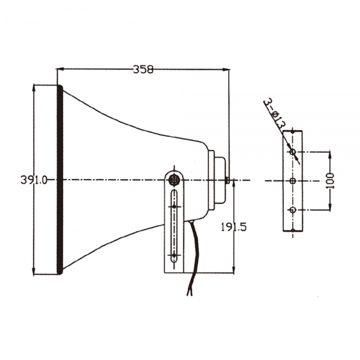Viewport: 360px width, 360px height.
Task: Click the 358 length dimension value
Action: [143, 70]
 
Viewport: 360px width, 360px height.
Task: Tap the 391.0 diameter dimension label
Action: [34, 180]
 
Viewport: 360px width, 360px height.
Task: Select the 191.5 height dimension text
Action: [233, 227]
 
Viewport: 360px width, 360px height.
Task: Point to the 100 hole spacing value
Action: [330, 181]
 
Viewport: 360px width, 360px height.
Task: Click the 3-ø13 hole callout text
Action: [274, 114]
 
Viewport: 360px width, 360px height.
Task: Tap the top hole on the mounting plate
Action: [293, 152]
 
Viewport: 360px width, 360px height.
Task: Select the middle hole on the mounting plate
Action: [293, 181]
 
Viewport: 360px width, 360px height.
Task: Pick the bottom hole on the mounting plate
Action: [293, 210]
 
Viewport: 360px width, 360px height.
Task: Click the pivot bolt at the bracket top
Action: [174, 180]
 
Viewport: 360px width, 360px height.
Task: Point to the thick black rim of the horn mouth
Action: [59, 179]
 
